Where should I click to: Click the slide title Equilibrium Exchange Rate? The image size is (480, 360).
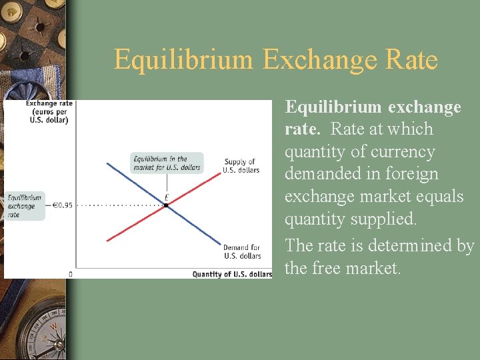275,59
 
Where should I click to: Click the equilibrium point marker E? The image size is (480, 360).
166,205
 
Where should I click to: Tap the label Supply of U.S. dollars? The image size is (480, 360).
241,166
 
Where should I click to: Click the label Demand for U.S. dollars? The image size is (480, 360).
242,251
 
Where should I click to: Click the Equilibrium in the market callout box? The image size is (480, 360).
166,163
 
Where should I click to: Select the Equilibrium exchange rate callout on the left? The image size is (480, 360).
24,206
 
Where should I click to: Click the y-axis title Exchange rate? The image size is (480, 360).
49,112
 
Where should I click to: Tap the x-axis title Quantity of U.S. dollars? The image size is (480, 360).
232,274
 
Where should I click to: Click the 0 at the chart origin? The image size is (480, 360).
71,274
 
